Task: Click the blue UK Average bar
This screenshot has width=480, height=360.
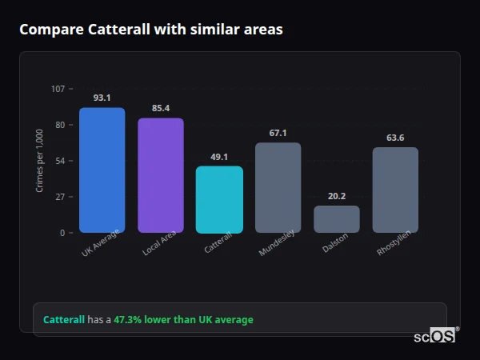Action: pyautogui.click(x=102, y=170)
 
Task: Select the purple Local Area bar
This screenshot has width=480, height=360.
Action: pyautogui.click(x=161, y=175)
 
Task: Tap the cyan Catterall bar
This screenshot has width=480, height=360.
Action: pyautogui.click(x=219, y=199)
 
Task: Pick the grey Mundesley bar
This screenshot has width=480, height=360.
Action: pyautogui.click(x=278, y=187)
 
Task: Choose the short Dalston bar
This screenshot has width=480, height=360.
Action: pyautogui.click(x=336, y=219)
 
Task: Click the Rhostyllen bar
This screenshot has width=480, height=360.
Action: pyautogui.click(x=395, y=190)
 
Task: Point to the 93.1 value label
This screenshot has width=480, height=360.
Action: pyautogui.click(x=102, y=98)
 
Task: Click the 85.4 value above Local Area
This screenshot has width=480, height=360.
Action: pyautogui.click(x=161, y=108)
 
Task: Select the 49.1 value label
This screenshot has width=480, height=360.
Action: pyautogui.click(x=219, y=157)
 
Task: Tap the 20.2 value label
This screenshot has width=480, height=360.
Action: pyautogui.click(x=336, y=196)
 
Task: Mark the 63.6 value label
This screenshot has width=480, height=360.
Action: pyautogui.click(x=395, y=138)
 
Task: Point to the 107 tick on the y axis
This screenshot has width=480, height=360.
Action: pyautogui.click(x=58, y=89)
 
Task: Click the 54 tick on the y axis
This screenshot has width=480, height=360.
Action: pyautogui.click(x=60, y=161)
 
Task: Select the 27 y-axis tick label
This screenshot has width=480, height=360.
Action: pyautogui.click(x=60, y=197)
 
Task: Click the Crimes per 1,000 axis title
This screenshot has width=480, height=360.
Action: pyautogui.click(x=40, y=160)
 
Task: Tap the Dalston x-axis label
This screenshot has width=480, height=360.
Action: pyautogui.click(x=335, y=244)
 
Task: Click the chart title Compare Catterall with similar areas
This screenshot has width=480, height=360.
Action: pyautogui.click(x=150, y=30)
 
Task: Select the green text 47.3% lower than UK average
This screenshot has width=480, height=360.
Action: pyautogui.click(x=183, y=320)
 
